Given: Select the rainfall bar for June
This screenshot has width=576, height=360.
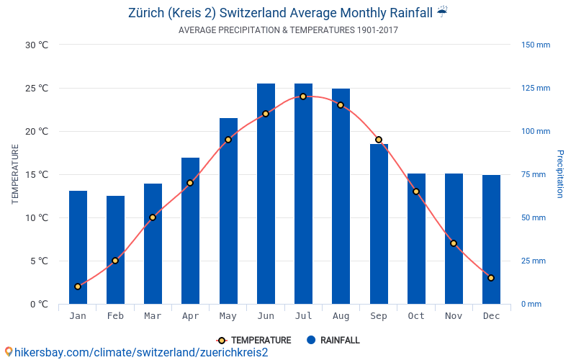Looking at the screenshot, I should tap(266, 194).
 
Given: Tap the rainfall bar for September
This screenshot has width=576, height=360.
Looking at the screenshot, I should tap(379, 224).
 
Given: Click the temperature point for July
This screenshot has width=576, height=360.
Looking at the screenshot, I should tap(303, 96).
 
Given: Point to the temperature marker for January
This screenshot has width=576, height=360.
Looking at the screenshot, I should tap(78, 287).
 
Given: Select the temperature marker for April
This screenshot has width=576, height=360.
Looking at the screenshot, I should tap(190, 183).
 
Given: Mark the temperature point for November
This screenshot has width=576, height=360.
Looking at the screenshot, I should tap(454, 243).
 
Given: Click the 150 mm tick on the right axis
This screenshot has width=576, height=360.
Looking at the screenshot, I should tap(535, 45).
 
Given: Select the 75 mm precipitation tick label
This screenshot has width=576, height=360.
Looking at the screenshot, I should tap(534, 175).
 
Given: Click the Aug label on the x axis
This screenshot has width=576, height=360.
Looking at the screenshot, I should tap(341, 316).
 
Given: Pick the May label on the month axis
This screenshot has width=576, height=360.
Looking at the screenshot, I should tap(228, 316).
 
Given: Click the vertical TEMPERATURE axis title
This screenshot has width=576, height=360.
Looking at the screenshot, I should tap(15, 174).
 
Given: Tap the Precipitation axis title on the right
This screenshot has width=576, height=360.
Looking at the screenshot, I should tap(559, 174).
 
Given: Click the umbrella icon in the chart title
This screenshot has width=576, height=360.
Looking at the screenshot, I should tap(442, 12).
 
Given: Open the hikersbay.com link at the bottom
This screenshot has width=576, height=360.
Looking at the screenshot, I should tap(137, 352).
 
